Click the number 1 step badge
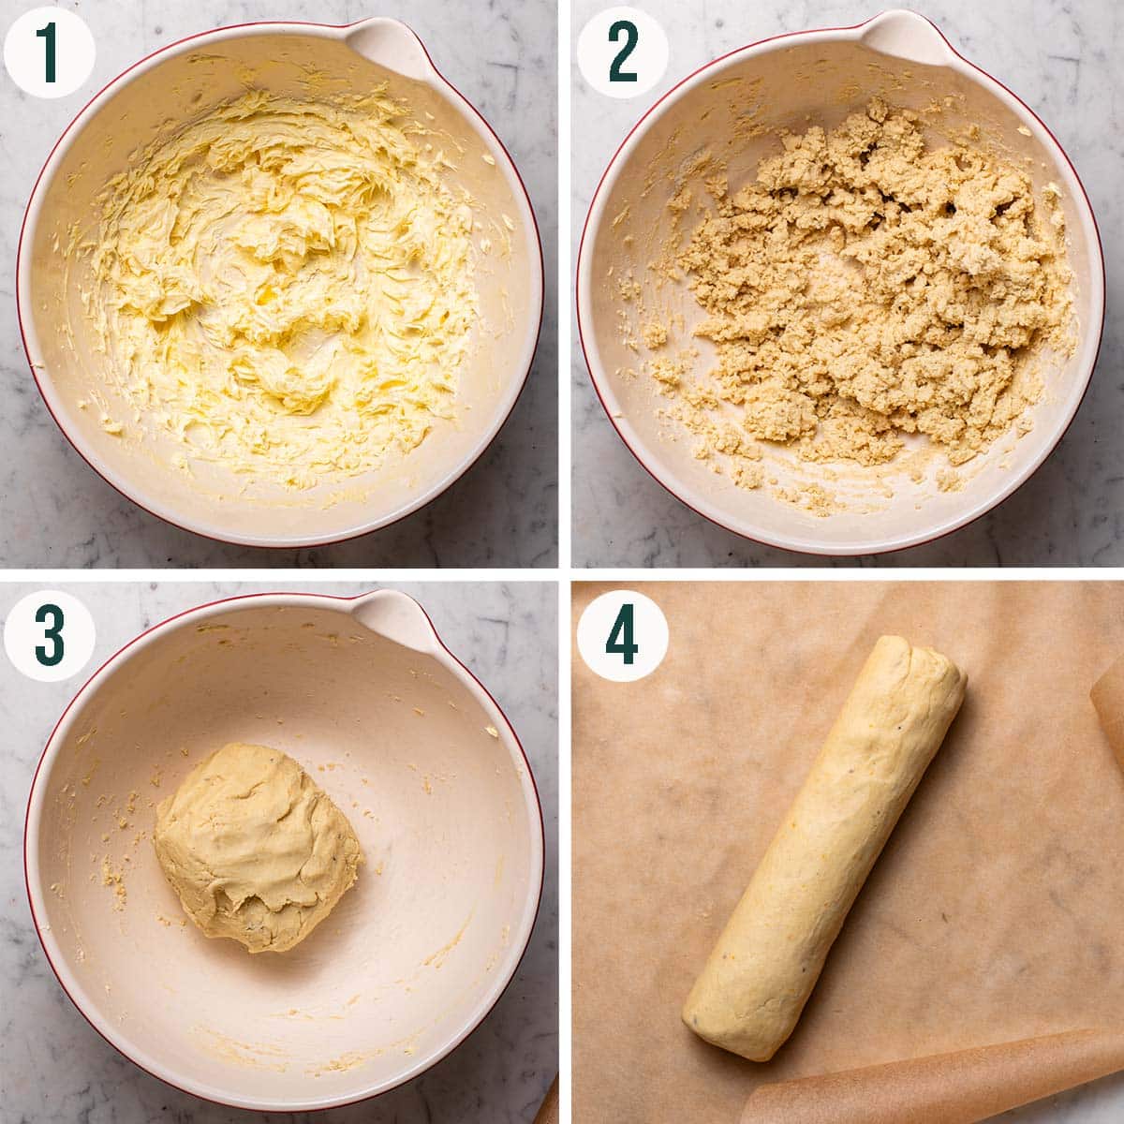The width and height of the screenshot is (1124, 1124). point(49,51)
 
